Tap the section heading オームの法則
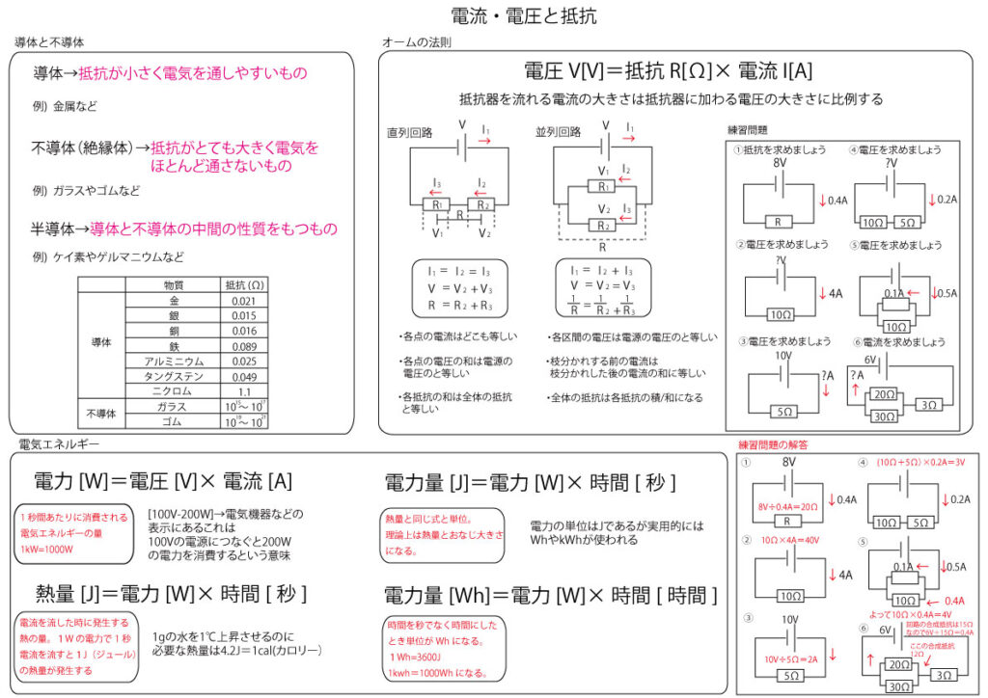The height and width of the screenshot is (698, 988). pyautogui.click(x=416, y=42)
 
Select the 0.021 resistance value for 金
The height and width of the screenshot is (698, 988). pyautogui.click(x=243, y=302)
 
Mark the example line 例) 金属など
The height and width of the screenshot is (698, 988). pyautogui.click(x=65, y=106)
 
